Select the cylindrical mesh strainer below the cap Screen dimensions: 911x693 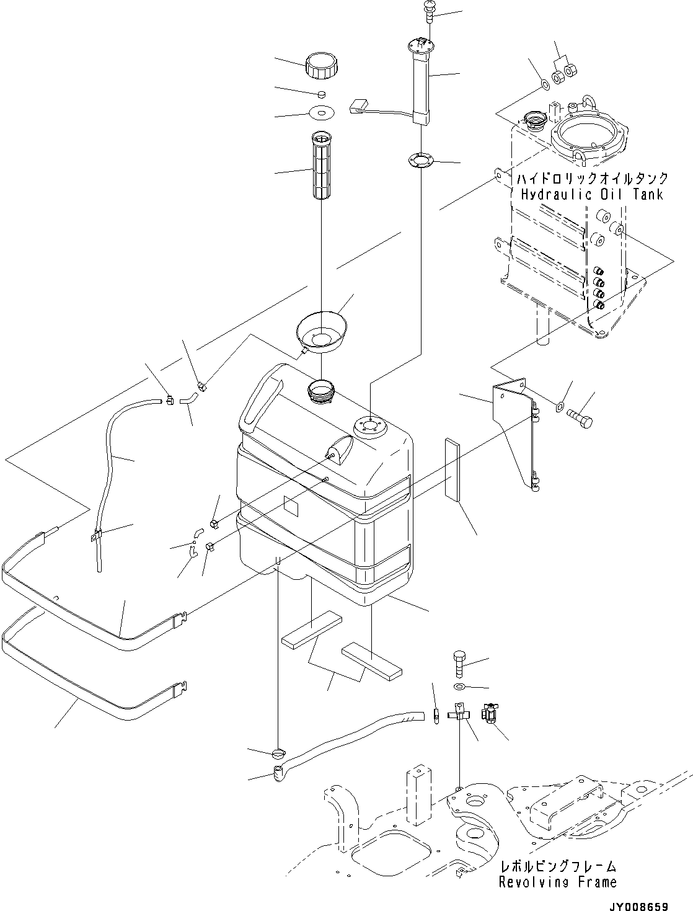(321, 166)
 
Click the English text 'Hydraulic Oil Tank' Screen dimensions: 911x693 (591, 195)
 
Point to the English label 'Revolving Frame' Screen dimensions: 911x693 (558, 882)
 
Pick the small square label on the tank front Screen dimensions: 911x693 (291, 505)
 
